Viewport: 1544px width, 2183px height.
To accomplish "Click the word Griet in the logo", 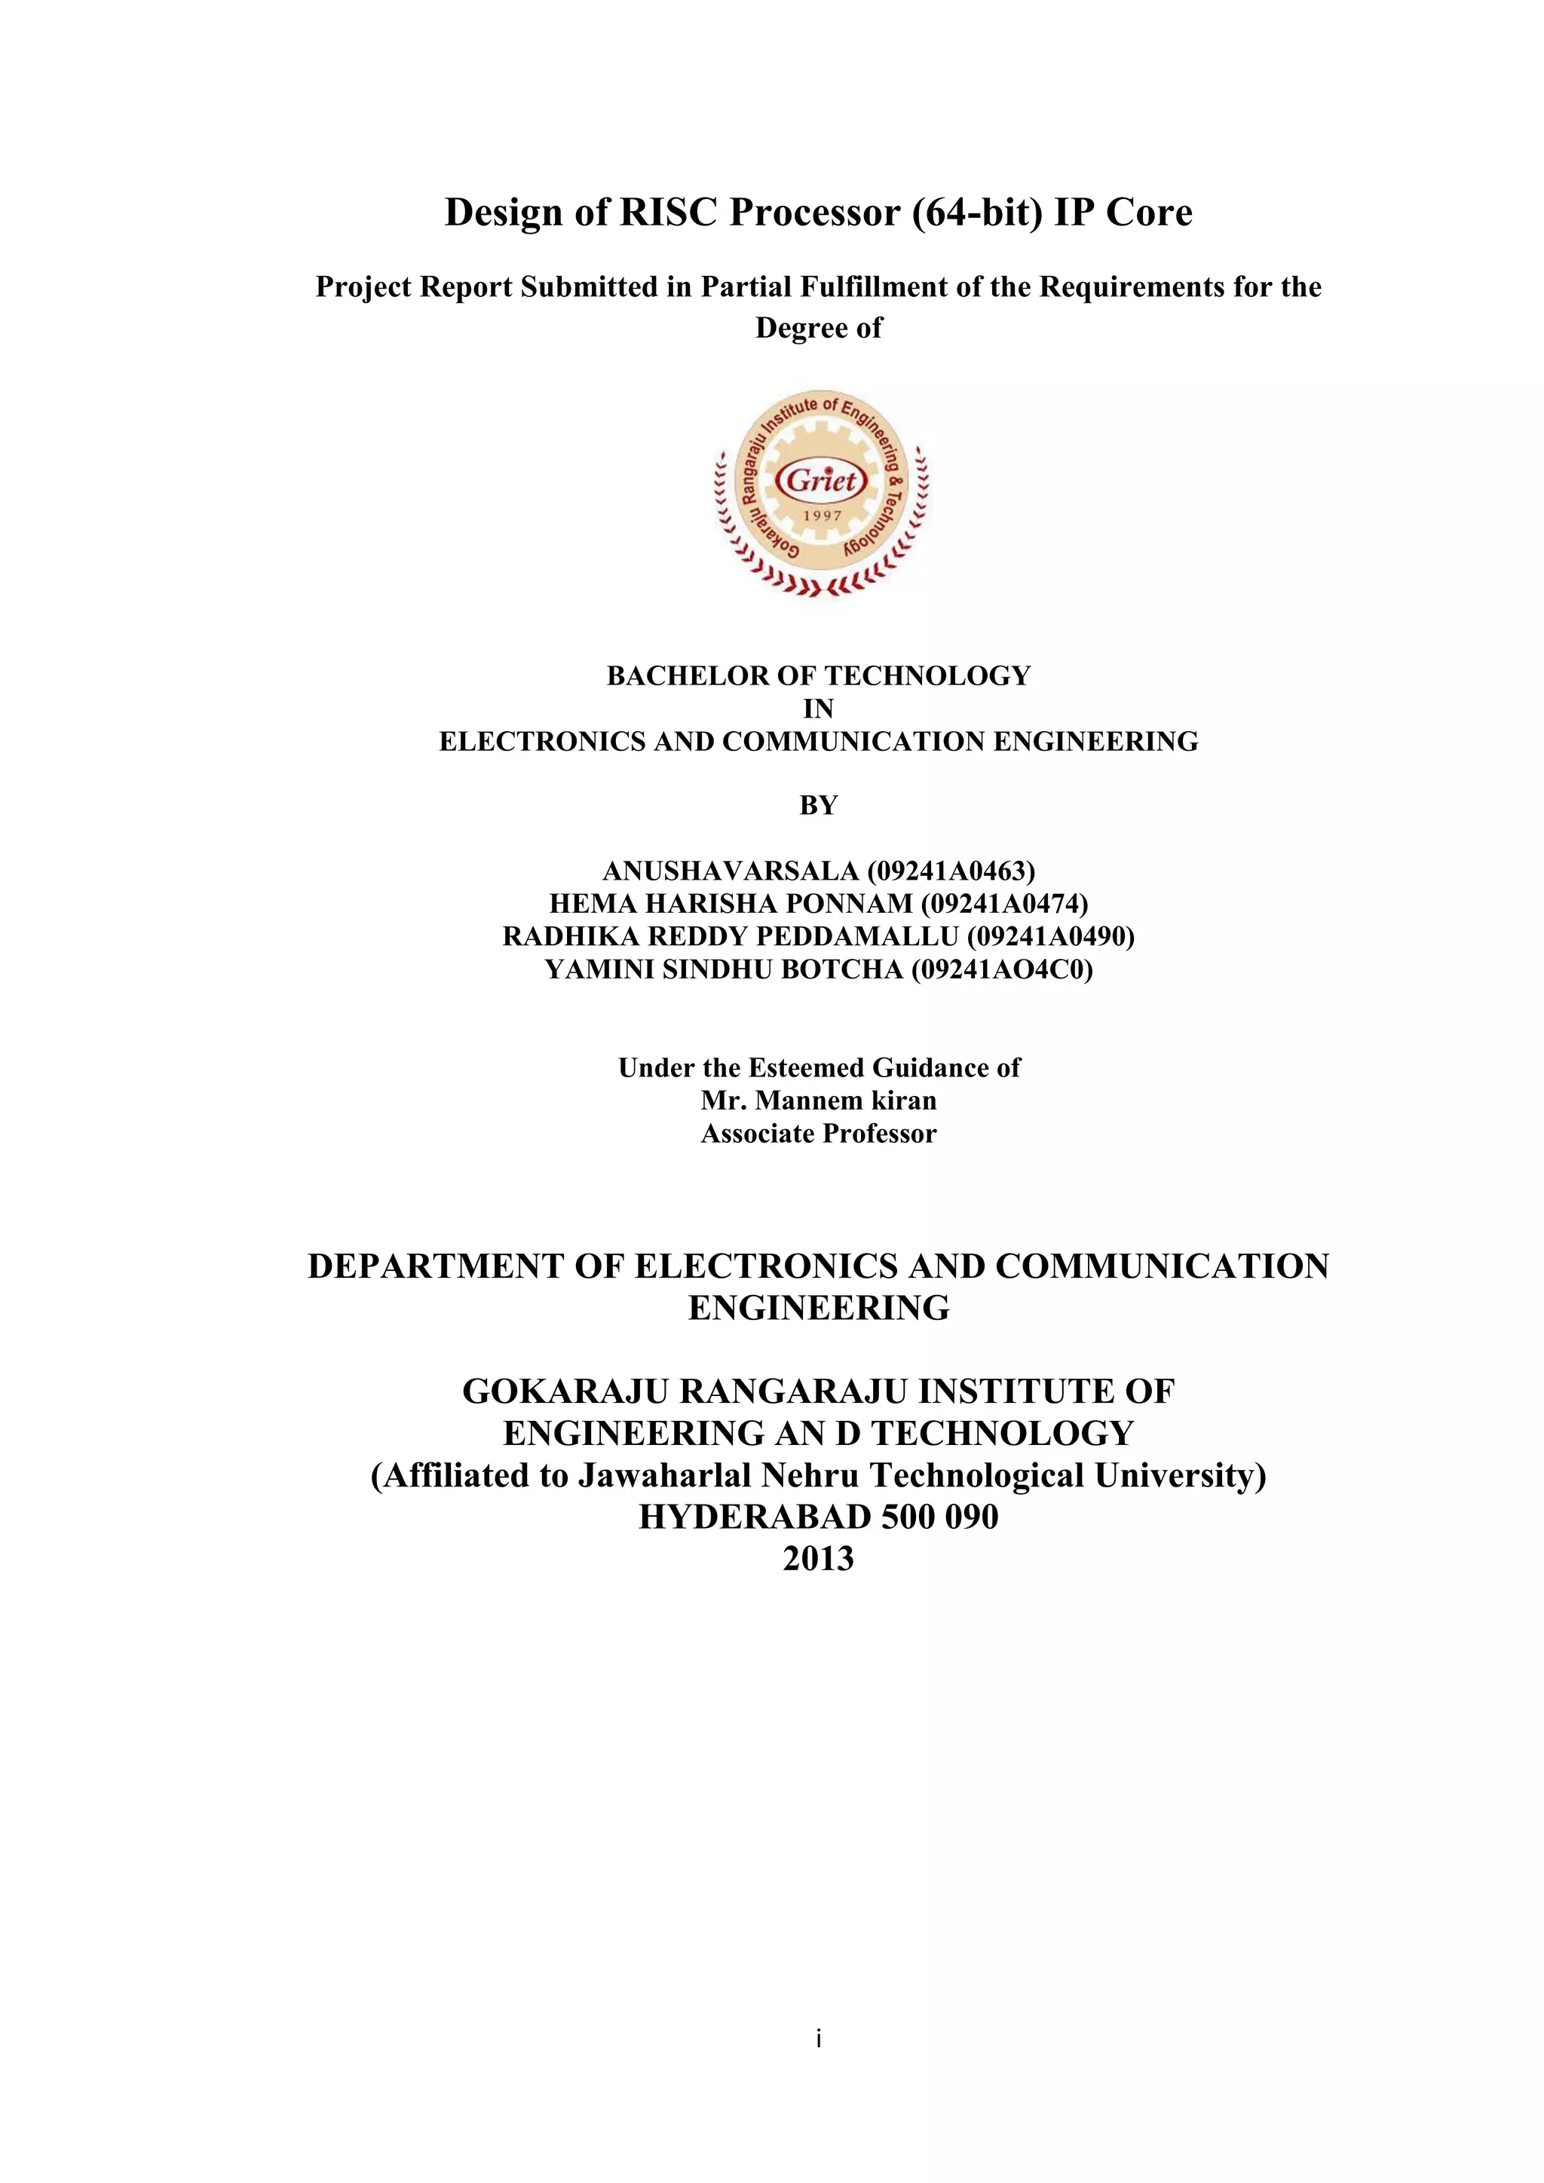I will pyautogui.click(x=822, y=479).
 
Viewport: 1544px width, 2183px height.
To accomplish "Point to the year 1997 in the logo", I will pyautogui.click(x=823, y=516).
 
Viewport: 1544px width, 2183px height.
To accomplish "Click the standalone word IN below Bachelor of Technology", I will pyautogui.click(x=819, y=709).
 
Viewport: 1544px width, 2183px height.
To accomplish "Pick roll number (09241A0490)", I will pyautogui.click(x=1050, y=935).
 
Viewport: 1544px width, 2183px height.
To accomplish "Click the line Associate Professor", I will pyautogui.click(x=819, y=1133).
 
